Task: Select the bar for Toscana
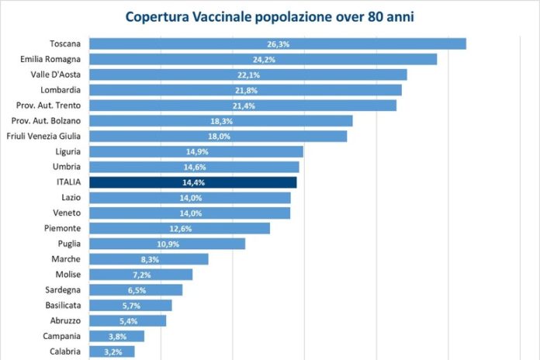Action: [x=277, y=44]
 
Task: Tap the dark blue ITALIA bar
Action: [x=192, y=182]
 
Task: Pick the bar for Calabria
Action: [x=112, y=351]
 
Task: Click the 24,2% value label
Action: [x=263, y=60]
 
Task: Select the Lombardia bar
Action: [x=245, y=90]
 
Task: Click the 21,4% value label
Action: [x=243, y=106]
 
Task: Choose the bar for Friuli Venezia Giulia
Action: [x=218, y=136]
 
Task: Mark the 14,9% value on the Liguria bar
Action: [x=196, y=151]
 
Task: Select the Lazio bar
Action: [x=190, y=198]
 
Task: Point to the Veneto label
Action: [x=67, y=213]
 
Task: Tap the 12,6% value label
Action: [x=180, y=228]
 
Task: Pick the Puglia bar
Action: [x=167, y=244]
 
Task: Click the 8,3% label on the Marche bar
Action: [x=149, y=259]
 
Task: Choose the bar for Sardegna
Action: [x=136, y=289]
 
